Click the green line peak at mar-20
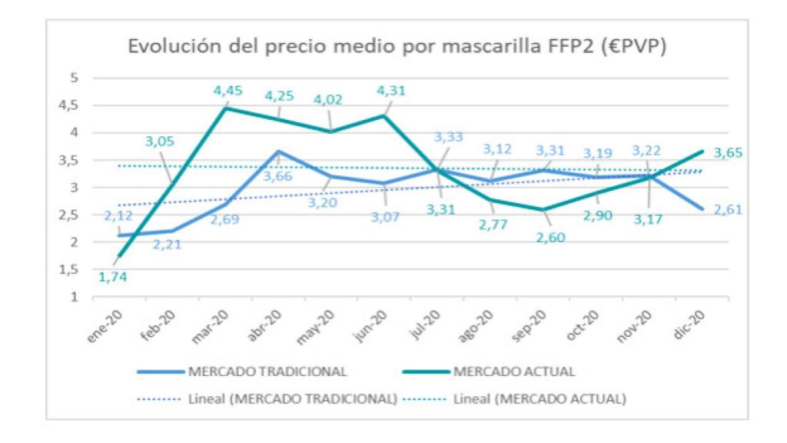coord(225,108)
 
